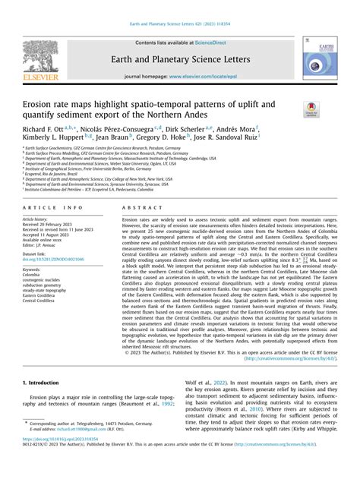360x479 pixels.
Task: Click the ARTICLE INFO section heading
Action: pos(54,206)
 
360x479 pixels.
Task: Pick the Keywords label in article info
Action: pos(36,269)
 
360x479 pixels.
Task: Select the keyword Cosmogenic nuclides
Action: pos(50,282)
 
